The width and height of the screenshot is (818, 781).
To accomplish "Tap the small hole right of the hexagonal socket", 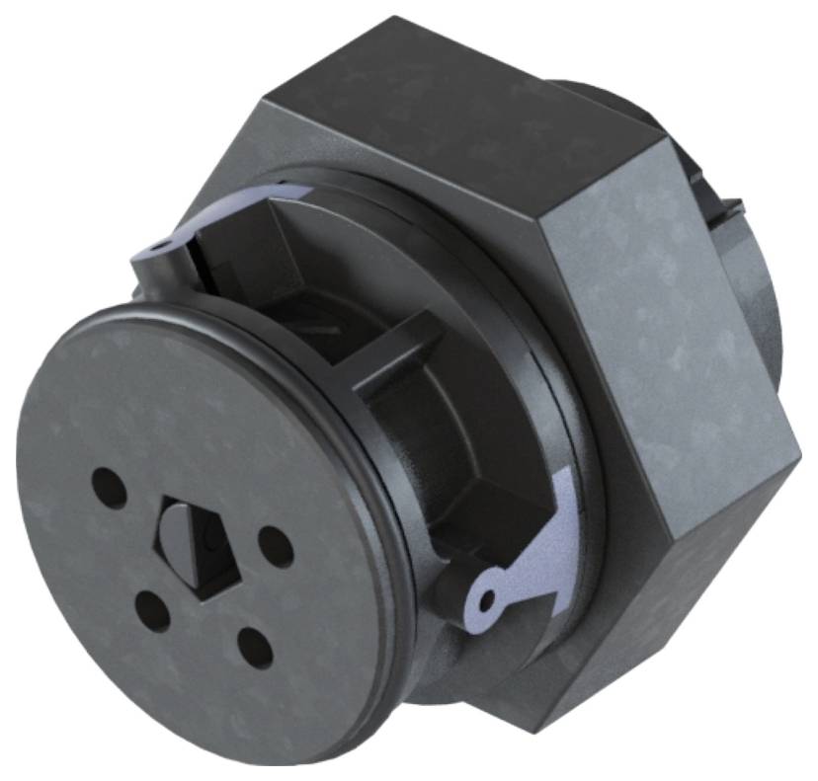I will tap(274, 546).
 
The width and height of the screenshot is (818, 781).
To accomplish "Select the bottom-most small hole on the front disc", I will tap(255, 647).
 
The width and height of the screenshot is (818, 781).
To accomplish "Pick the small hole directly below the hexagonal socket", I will tap(154, 607).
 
